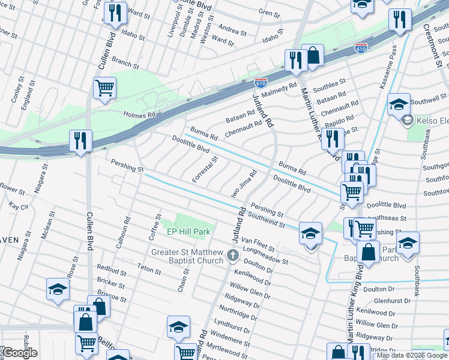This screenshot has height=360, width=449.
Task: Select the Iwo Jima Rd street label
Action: click(x=244, y=185)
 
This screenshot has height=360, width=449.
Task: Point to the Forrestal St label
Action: click(x=205, y=170)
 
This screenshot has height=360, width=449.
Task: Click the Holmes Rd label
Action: click(x=139, y=113)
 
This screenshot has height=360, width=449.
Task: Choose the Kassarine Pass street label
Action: click(x=387, y=67)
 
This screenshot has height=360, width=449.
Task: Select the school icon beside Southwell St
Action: click(x=399, y=104)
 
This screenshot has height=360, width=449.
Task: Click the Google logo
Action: click(x=19, y=353)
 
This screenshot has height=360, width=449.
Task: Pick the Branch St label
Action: click(x=125, y=64)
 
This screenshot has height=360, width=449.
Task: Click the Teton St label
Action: click(x=149, y=269)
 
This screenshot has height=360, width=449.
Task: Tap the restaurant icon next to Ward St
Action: click(x=115, y=13)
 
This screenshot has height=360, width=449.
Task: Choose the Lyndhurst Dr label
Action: click(x=231, y=329)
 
